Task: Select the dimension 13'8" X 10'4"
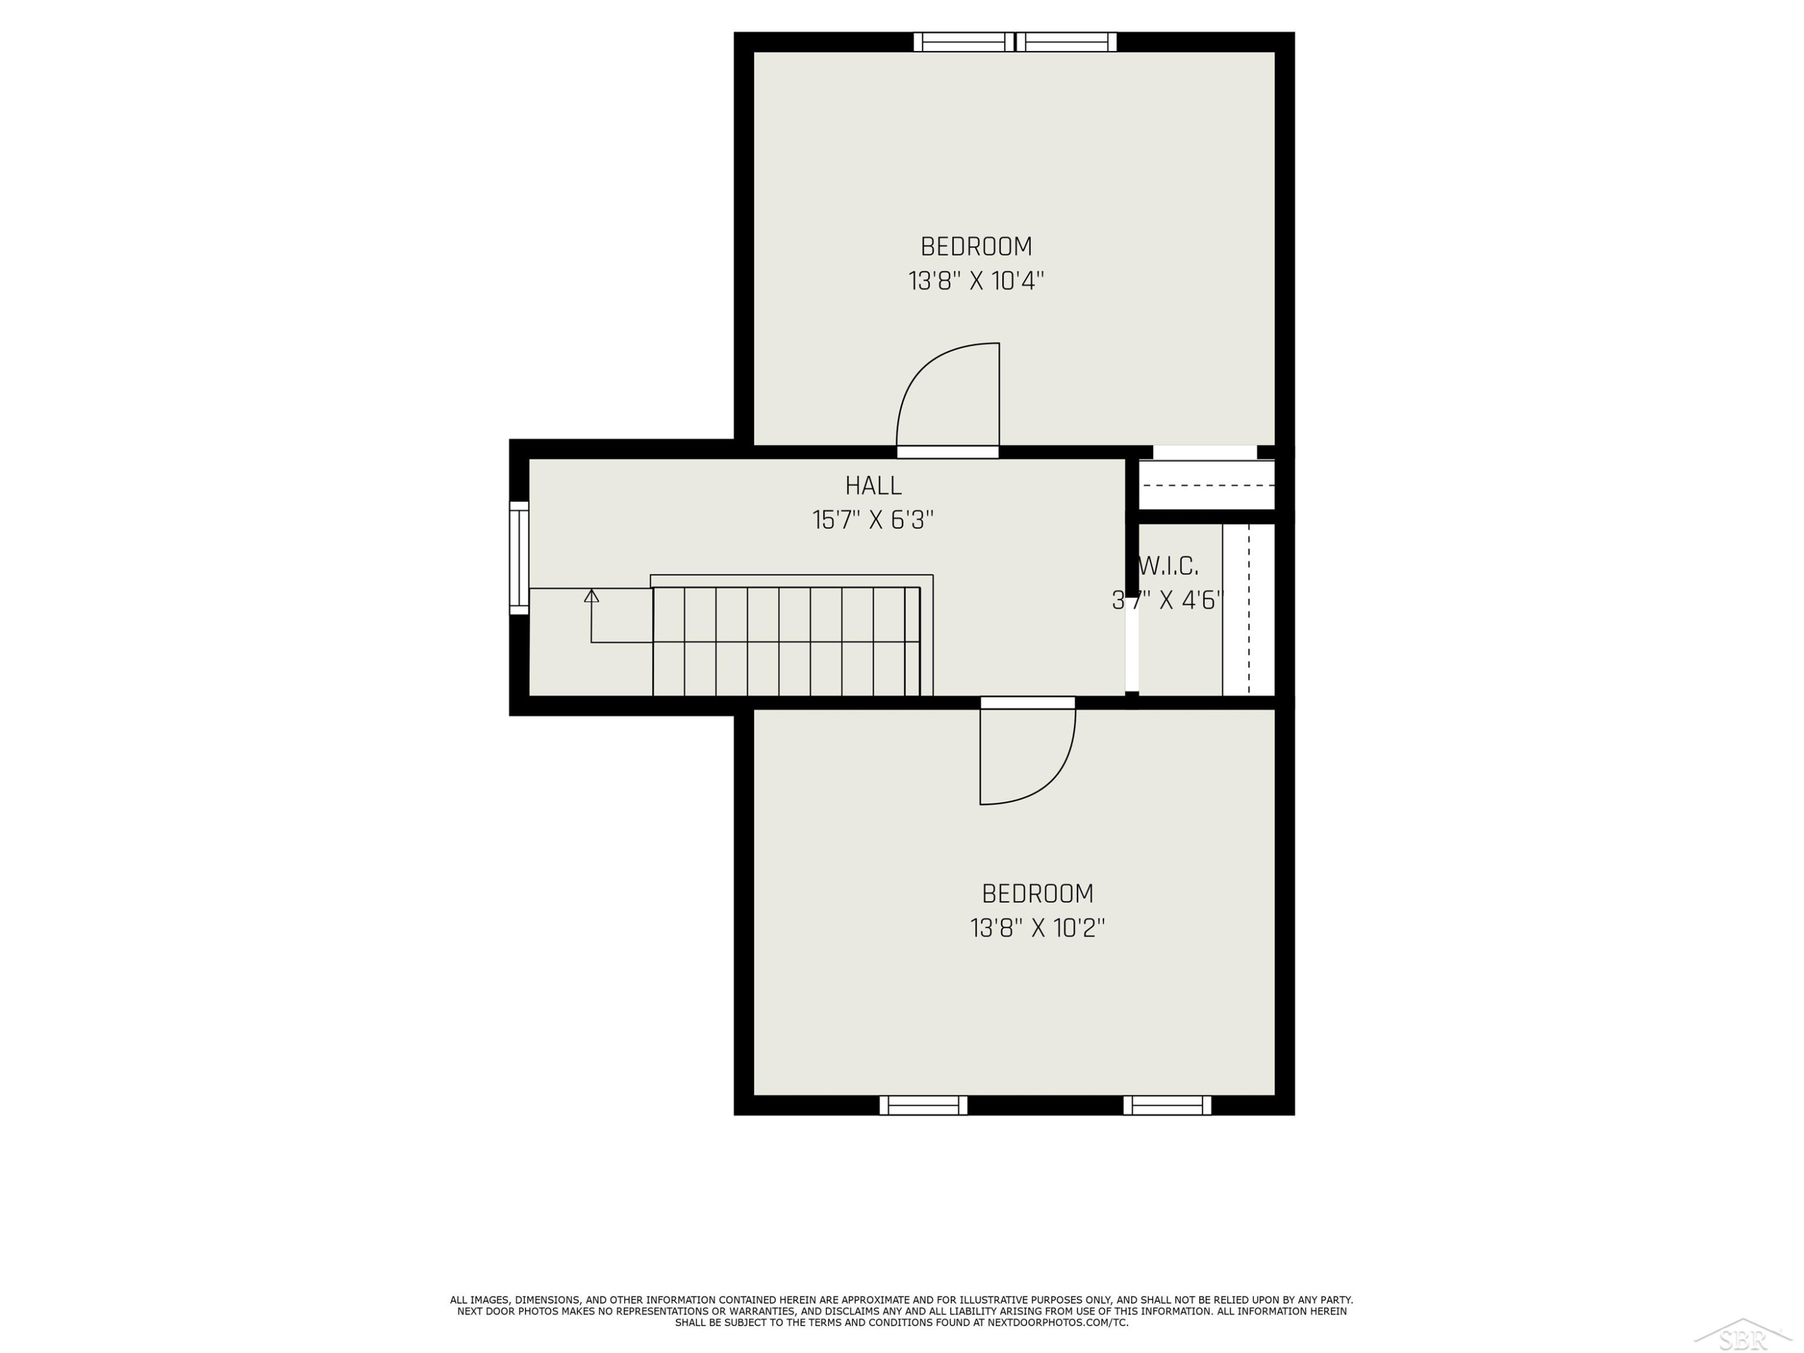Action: [976, 281]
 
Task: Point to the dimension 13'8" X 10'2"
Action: [1037, 928]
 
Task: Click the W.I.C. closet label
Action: [1168, 566]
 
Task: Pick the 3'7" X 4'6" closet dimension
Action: [1168, 600]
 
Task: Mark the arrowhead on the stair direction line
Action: [591, 596]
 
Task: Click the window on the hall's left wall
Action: [519, 558]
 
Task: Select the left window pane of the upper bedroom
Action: [963, 41]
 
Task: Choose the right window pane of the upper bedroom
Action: [1066, 41]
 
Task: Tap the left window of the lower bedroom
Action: [923, 1105]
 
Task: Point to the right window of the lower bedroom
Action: [1167, 1105]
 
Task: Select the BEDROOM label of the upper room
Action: [976, 247]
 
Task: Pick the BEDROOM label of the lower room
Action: [1037, 894]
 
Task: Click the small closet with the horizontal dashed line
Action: [1206, 485]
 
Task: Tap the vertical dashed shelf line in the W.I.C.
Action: [1248, 610]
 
